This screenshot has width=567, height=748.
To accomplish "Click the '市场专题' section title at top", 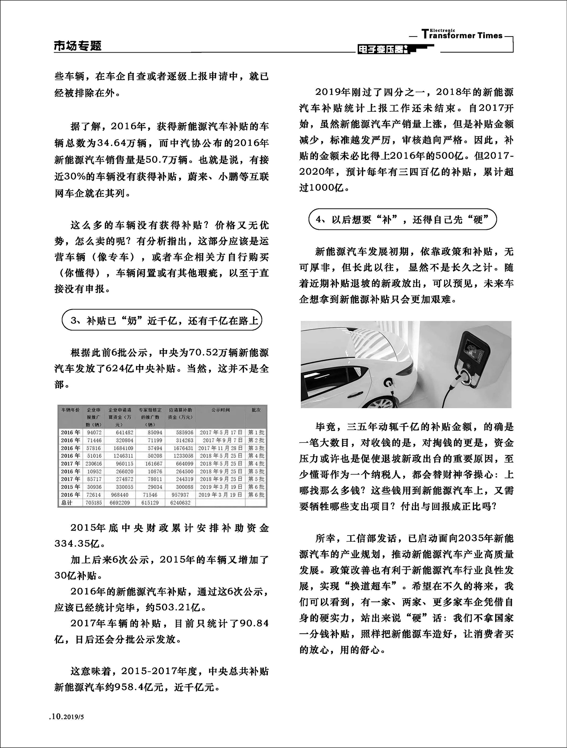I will tap(78, 46).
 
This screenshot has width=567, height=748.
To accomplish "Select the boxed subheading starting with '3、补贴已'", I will tap(162, 321).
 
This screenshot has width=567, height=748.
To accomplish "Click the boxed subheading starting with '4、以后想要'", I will tap(402, 219).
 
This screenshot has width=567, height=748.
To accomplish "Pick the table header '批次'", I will tap(256, 410).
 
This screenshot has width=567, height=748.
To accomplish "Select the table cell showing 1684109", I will tap(121, 448).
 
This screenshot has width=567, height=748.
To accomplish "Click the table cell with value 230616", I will tap(94, 464).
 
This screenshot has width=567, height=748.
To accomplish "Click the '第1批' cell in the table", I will tap(256, 432).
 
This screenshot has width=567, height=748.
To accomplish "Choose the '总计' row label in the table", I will tap(67, 503).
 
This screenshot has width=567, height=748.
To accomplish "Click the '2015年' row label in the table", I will tap(70, 487).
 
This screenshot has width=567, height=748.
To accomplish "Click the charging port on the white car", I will tap(388, 384).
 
